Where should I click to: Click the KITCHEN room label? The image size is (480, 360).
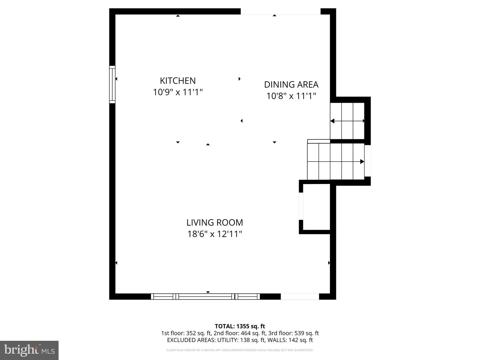tap(178, 81)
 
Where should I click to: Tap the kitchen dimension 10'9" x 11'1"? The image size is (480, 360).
tap(178, 92)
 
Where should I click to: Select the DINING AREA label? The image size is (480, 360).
tap(291, 84)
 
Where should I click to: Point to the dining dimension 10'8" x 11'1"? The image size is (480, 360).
tap(291, 96)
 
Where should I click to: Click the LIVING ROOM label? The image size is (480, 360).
tap(214, 222)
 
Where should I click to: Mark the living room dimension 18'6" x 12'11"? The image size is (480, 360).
tap(214, 234)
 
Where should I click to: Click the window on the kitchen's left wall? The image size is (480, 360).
tap(112, 84)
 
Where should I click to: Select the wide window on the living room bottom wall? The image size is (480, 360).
tap(205, 296)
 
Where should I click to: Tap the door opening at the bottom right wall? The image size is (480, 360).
tap(300, 296)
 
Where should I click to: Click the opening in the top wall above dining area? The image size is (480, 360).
tap(280, 12)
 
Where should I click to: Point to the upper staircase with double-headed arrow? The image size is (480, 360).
tap(347, 121)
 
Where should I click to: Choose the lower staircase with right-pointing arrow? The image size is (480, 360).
tap(335, 162)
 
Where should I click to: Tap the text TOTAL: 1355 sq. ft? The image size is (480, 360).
tap(240, 326)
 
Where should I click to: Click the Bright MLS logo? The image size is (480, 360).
tap(29, 350)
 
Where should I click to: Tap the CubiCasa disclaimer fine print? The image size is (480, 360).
tap(240, 350)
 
